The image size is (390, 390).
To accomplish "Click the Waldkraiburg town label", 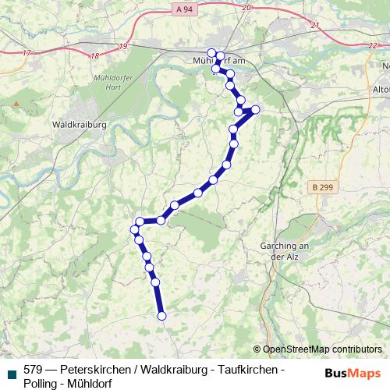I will (x=77, y=123).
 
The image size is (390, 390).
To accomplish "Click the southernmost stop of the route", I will (x=162, y=316).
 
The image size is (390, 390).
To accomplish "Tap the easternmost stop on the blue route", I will (x=255, y=109).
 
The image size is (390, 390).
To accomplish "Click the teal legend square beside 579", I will (x=11, y=371).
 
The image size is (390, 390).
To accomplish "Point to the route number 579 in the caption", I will (x=33, y=369).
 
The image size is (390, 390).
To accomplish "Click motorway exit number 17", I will (x=28, y=53).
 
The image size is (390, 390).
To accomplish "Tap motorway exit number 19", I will (x=123, y=47).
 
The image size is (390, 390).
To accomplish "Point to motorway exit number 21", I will (x=315, y=25).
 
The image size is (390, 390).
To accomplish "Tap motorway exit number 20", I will (x=246, y=7).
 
